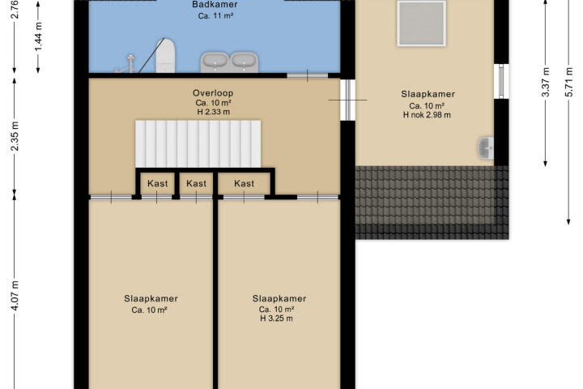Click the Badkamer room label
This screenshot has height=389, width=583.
click(x=215, y=5)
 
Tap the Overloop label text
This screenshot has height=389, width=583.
click(x=213, y=93)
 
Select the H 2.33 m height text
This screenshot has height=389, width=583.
click(x=214, y=112)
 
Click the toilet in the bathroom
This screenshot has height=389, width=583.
click(x=165, y=56)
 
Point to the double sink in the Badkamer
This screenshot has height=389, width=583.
click(x=229, y=62)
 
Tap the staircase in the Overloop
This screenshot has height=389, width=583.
click(x=198, y=143)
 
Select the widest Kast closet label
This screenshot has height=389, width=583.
click(x=244, y=183)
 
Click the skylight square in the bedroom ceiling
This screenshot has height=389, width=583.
click(x=421, y=24)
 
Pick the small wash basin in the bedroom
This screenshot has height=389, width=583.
click(x=485, y=147)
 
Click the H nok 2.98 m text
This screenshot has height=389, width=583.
click(x=427, y=115)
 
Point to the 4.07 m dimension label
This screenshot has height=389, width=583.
click(x=14, y=296)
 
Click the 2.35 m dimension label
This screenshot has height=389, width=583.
click(x=14, y=136)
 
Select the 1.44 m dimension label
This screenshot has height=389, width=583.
click(x=38, y=36)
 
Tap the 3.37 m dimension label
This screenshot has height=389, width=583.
click(x=545, y=82)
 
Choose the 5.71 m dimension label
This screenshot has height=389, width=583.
click(x=568, y=82)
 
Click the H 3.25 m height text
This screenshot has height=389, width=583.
click(x=276, y=318)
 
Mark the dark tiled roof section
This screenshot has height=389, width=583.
click(x=432, y=203)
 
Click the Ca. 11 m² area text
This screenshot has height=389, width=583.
click(x=215, y=15)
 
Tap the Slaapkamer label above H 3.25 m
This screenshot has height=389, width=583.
click(x=279, y=298)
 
